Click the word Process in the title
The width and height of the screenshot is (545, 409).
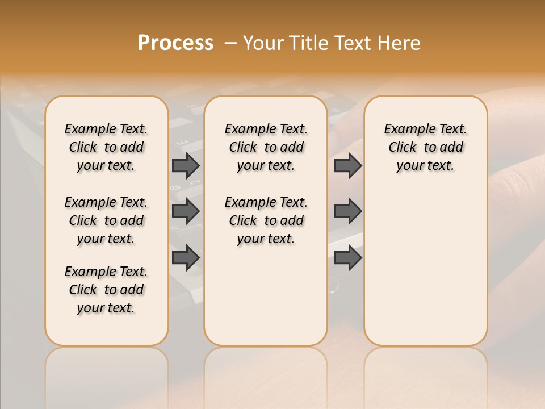[x=175, y=43]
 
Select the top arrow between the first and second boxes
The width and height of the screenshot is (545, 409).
[x=186, y=165]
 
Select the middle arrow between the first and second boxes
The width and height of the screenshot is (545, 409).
[x=186, y=211]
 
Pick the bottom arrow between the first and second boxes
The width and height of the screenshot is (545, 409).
[x=186, y=258]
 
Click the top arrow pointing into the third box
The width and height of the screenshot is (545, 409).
[x=347, y=165]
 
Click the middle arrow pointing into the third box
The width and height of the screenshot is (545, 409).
[x=347, y=211]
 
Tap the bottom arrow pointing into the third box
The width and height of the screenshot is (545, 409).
[x=347, y=258]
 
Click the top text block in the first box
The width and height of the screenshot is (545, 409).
[x=106, y=147]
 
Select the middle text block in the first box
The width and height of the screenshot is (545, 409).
[x=106, y=220]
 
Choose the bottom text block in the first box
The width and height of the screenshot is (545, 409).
[x=106, y=290]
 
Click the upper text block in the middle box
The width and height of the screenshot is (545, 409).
[x=266, y=147]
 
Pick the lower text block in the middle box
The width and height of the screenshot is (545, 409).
[x=266, y=220]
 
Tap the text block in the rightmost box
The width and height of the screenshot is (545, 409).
[x=425, y=147]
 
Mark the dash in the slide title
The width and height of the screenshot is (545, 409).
[x=230, y=43]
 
